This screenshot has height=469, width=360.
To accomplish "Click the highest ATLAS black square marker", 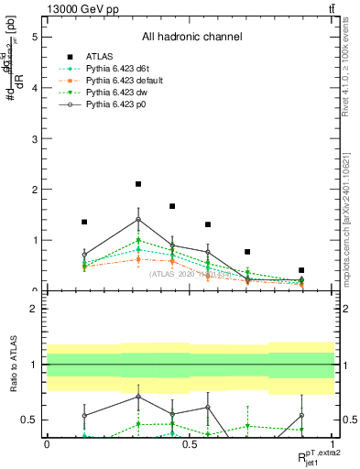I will tap(138, 184).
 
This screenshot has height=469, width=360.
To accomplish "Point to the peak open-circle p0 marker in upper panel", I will tap(138, 220).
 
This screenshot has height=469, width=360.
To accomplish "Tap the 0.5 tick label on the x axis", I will tap(190, 442).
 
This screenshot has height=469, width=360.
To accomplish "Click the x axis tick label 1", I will tap(333, 442).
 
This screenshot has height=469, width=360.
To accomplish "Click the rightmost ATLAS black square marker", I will tap(301, 270).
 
